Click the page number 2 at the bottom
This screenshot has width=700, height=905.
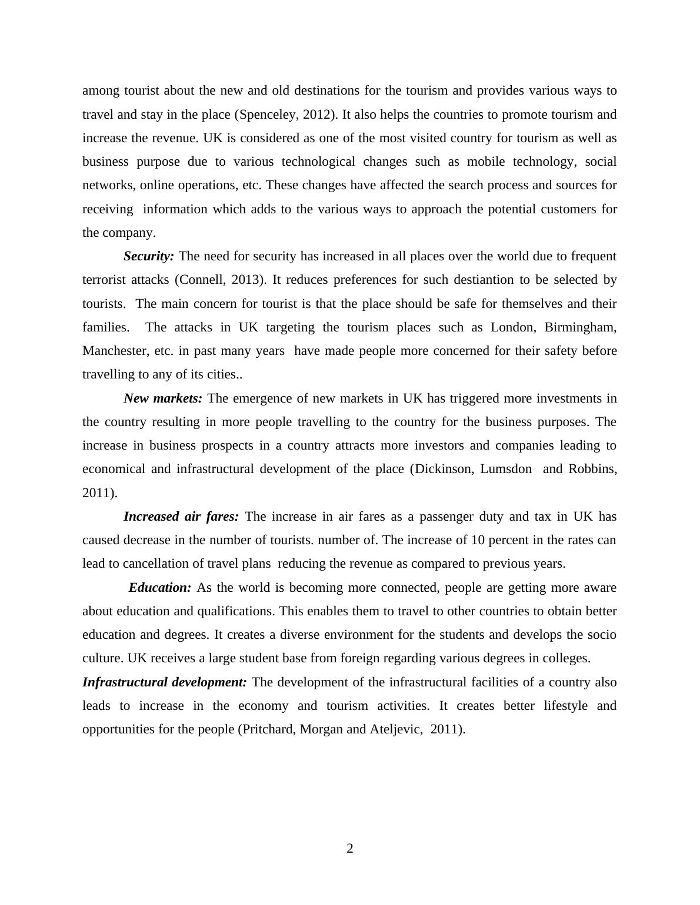pyautogui.click(x=349, y=848)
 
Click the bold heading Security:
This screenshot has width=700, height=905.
pyautogui.click(x=149, y=256)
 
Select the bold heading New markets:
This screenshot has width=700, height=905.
pyautogui.click(x=163, y=398)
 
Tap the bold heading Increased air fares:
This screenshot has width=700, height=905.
pyautogui.click(x=181, y=517)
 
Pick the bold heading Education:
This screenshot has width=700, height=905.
pyautogui.click(x=160, y=588)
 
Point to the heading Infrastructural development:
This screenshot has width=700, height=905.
pyautogui.click(x=165, y=682)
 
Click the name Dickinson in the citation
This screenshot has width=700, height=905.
pyautogui.click(x=442, y=469)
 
